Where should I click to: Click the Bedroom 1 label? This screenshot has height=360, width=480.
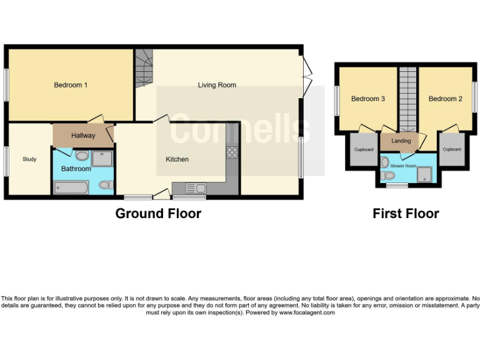click(x=70, y=85)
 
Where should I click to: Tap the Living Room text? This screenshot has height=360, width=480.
click(x=217, y=85)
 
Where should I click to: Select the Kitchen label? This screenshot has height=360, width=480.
click(x=177, y=159)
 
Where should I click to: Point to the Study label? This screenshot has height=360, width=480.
click(x=29, y=159)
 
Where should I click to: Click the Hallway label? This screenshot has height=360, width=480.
click(x=83, y=136)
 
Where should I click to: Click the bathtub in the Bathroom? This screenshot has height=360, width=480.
click(x=72, y=187)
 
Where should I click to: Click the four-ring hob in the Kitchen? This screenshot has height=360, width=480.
click(x=232, y=152)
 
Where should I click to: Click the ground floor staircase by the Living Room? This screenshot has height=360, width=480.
click(x=144, y=69)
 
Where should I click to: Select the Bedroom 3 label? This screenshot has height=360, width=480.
click(x=367, y=99)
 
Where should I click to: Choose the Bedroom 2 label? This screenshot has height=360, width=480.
click(x=445, y=99)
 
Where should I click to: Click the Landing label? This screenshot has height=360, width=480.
click(x=401, y=141)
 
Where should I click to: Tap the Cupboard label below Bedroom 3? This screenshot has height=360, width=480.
click(x=364, y=150)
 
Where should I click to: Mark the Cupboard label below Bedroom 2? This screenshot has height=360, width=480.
click(x=451, y=150)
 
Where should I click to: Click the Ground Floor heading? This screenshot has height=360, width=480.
click(x=158, y=214)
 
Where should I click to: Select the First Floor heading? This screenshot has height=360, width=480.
click(x=406, y=214)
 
